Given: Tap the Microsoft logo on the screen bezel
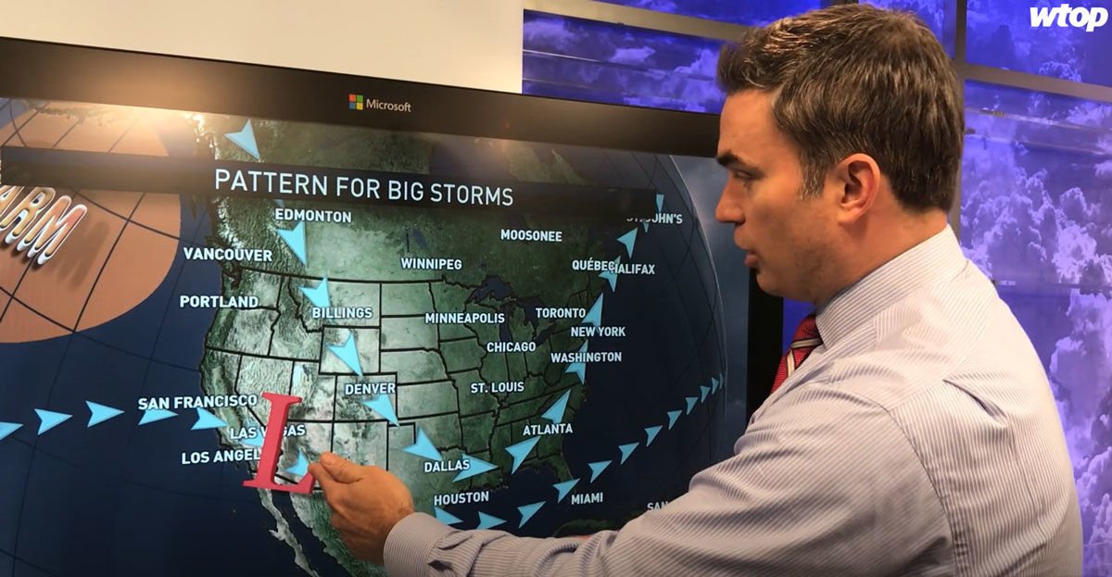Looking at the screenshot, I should pyautogui.click(x=380, y=104).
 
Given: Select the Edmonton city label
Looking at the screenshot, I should pyautogui.click(x=313, y=217).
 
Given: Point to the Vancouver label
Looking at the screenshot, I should pyautogui.click(x=227, y=255).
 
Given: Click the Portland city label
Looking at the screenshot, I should pyautogui.click(x=219, y=302).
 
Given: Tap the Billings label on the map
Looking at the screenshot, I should pyautogui.click(x=342, y=313).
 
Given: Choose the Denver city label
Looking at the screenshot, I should pyautogui.click(x=370, y=389).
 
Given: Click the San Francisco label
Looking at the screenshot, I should pyautogui.click(x=197, y=402).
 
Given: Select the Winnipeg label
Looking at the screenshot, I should pyautogui.click(x=431, y=264).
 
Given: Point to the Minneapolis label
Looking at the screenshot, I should pyautogui.click(x=464, y=319).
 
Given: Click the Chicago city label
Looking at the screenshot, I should pyautogui.click(x=511, y=347).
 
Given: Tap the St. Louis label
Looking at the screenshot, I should pyautogui.click(x=497, y=387).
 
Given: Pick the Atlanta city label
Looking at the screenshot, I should pyautogui.click(x=547, y=430).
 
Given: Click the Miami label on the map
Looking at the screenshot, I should pyautogui.click(x=587, y=498).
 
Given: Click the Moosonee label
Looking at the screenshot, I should pyautogui.click(x=531, y=235).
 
